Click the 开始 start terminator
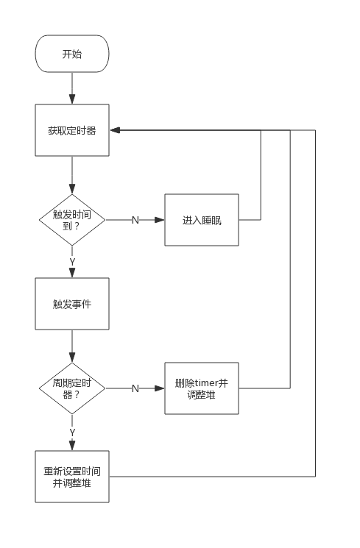[72, 54]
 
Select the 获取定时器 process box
[72, 130]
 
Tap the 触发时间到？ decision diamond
[72, 220]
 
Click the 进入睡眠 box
[202, 220]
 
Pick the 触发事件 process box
[72, 304]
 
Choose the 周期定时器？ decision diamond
[72, 388]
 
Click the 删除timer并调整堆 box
[202, 388]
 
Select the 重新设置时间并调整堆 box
[72, 477]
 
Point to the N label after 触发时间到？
[135, 220]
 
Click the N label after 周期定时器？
[135, 388]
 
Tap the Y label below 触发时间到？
[72, 262]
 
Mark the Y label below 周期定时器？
[72, 433]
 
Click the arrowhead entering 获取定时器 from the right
[115, 130]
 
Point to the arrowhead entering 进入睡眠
[160, 220]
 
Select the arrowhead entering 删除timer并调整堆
[160, 388]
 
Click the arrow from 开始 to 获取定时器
[72, 88]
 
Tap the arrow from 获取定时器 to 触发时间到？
[72, 175]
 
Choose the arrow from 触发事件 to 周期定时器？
[72, 346]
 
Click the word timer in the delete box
[206, 383]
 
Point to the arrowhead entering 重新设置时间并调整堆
[72, 446]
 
